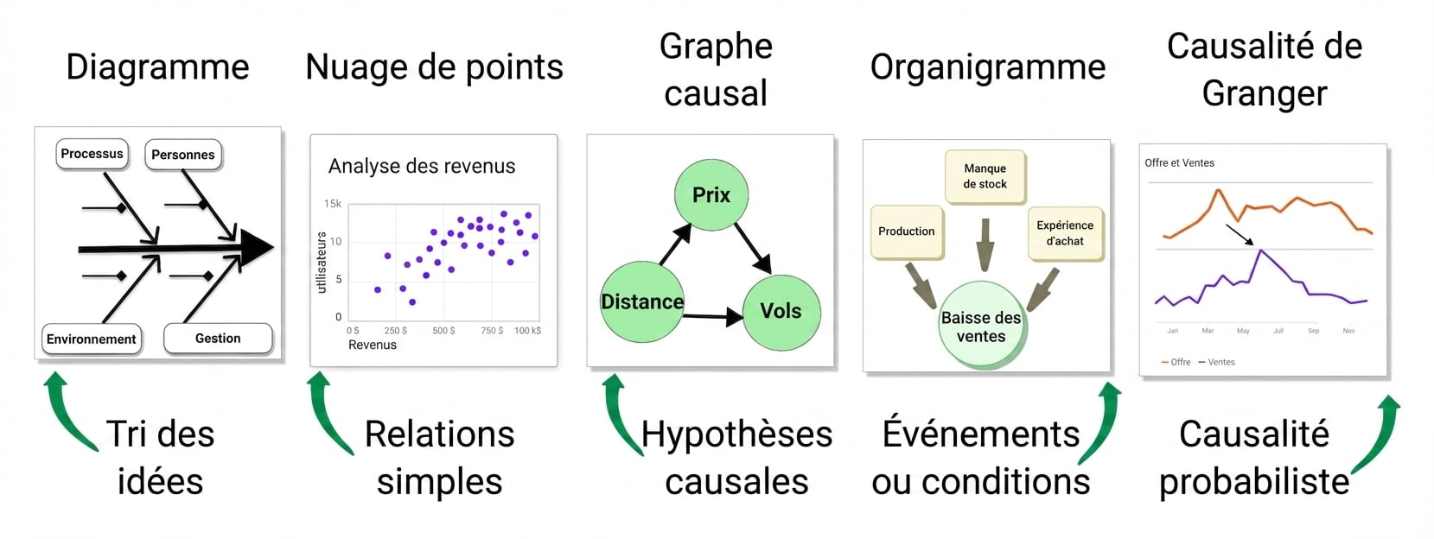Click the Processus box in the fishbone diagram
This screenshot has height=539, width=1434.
click(92, 154)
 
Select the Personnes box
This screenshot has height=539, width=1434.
click(183, 155)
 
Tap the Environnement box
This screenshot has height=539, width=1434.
click(91, 339)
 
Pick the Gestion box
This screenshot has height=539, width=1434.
click(219, 339)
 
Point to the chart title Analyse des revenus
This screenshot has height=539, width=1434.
click(422, 166)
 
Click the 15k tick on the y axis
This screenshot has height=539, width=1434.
click(333, 204)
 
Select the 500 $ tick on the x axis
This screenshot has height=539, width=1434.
click(443, 331)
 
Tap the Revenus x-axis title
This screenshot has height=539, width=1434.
click(373, 345)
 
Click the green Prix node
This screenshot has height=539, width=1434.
click(711, 194)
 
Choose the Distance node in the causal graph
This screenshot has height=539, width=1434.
click(642, 301)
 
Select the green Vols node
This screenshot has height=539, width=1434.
click(781, 311)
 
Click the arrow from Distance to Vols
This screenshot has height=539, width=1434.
click(713, 316)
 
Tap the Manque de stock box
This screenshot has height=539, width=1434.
click(985, 176)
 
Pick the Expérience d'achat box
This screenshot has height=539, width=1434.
click(1065, 233)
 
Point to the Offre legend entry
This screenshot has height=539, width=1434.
click(1176, 362)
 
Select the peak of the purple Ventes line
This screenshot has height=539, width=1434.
click(1260, 250)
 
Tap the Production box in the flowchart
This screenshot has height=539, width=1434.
click(907, 231)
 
